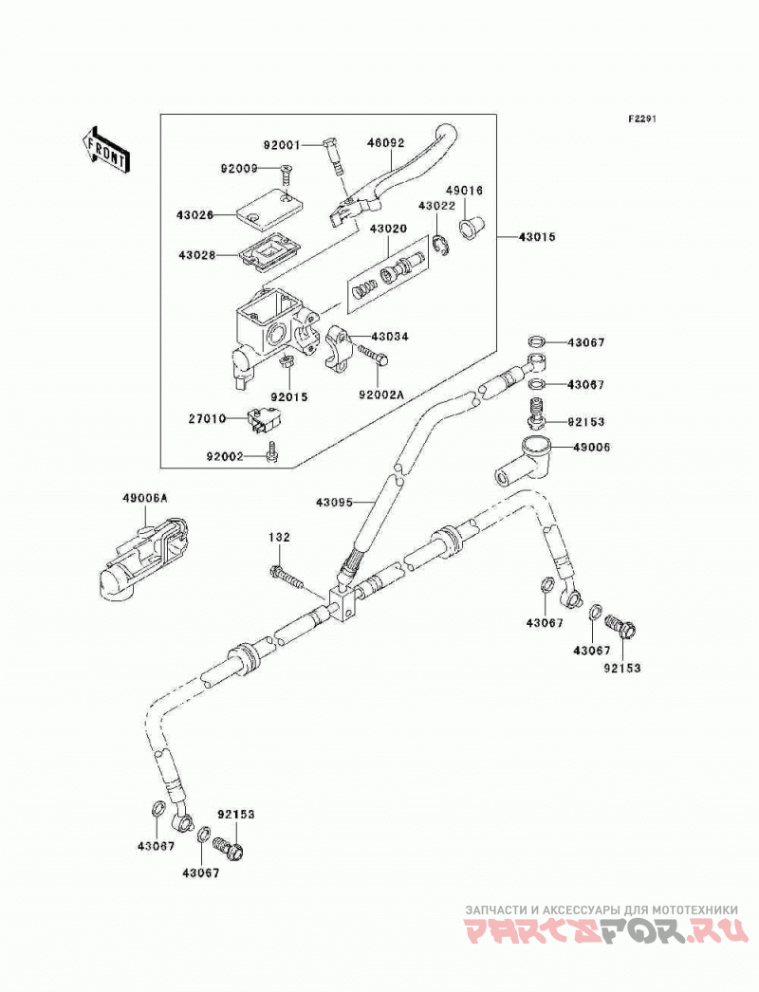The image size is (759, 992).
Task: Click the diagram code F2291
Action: coord(641,119)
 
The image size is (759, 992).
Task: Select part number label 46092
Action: coord(385,143)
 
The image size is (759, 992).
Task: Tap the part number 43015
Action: coord(537,236)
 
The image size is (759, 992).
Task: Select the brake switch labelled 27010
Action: coord(264,418)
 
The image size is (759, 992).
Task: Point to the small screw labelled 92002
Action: coord(272,451)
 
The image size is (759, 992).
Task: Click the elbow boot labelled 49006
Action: coord(522,462)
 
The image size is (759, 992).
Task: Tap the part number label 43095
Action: coord(334,503)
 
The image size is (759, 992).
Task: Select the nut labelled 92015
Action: coord(285,362)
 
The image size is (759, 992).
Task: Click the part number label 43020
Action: coord(389,228)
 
